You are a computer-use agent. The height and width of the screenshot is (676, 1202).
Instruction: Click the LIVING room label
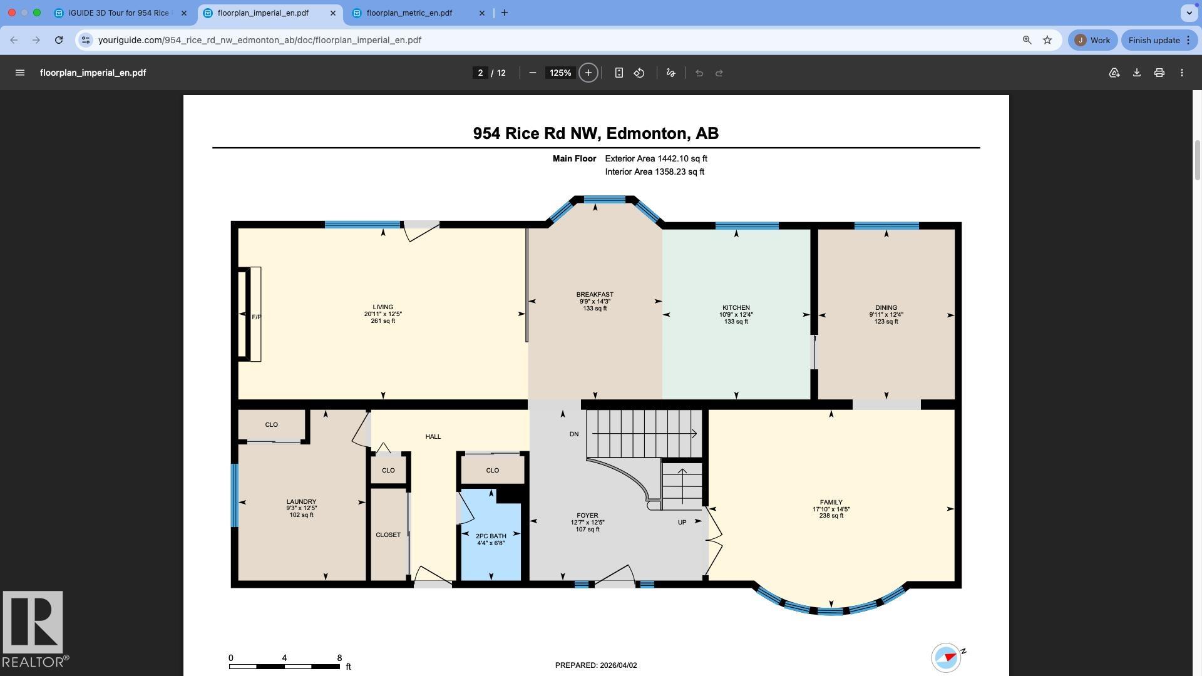(x=383, y=307)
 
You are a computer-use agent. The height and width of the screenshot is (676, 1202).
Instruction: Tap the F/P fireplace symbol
(x=256, y=317)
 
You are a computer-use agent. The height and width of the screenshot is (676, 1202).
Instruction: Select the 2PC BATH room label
(x=491, y=536)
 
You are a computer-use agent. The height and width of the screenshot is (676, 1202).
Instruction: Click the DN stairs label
(x=574, y=434)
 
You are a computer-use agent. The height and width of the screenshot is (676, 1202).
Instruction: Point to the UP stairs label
(x=682, y=522)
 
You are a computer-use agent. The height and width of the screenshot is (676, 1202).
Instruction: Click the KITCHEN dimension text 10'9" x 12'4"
(x=736, y=315)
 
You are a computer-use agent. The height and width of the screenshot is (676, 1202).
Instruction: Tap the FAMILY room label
(x=831, y=502)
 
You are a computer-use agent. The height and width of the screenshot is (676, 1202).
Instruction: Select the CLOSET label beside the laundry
(x=388, y=535)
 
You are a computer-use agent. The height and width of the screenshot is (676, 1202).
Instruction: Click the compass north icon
(x=947, y=657)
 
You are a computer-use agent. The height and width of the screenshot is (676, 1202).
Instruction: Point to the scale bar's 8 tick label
(x=339, y=658)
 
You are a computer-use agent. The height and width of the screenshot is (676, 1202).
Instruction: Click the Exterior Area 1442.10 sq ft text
(x=655, y=159)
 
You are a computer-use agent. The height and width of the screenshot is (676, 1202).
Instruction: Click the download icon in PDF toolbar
(x=1136, y=73)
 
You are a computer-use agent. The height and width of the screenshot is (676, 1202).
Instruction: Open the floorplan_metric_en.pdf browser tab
(x=409, y=13)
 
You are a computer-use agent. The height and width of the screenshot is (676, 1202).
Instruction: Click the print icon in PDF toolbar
(x=1159, y=73)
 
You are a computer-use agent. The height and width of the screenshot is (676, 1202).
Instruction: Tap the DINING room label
(x=886, y=308)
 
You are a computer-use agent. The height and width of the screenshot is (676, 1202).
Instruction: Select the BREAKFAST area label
(x=595, y=294)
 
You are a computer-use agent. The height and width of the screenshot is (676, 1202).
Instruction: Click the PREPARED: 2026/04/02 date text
(x=595, y=665)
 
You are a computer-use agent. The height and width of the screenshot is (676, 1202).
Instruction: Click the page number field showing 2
(x=480, y=73)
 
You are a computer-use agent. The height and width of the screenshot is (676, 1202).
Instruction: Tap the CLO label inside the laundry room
(x=271, y=425)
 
